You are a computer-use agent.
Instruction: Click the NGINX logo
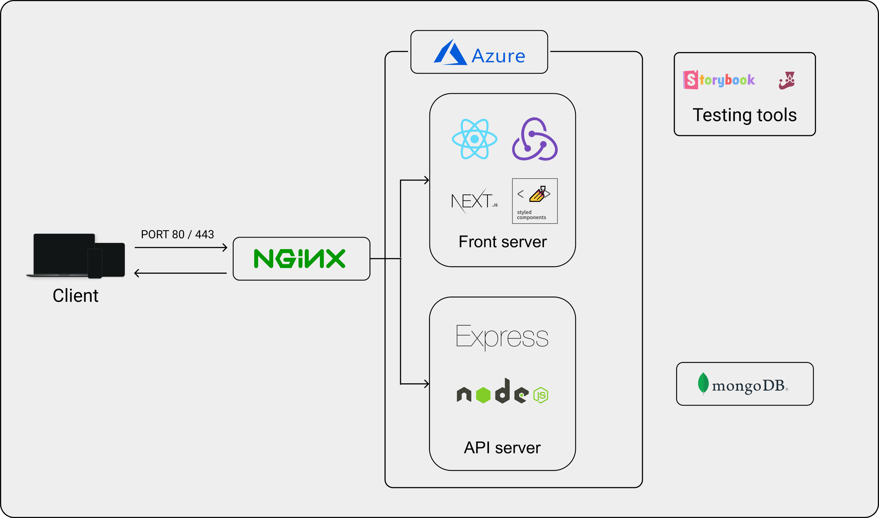click(299, 259)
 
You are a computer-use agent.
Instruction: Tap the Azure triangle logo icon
click(450, 52)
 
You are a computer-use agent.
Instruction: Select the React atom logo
click(474, 139)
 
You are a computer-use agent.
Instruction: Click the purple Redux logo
click(534, 139)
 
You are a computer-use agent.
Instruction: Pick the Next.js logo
click(474, 201)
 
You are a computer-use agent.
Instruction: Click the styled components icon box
click(535, 201)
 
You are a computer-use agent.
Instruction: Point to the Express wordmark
click(502, 337)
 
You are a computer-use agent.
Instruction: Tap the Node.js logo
click(502, 391)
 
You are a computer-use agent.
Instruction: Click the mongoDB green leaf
click(703, 383)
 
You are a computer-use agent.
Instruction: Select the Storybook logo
click(719, 80)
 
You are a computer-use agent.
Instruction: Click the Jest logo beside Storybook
click(787, 80)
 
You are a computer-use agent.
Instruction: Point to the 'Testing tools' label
click(744, 115)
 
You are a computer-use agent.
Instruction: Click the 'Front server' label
click(503, 242)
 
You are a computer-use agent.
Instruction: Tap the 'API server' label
click(502, 448)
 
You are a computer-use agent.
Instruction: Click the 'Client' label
click(76, 296)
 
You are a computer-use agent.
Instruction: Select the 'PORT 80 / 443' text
click(177, 234)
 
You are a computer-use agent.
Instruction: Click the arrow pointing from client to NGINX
click(181, 248)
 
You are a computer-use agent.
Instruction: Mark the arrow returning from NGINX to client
click(180, 273)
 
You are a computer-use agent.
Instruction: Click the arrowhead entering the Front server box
click(426, 180)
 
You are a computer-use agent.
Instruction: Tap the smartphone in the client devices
click(95, 263)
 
